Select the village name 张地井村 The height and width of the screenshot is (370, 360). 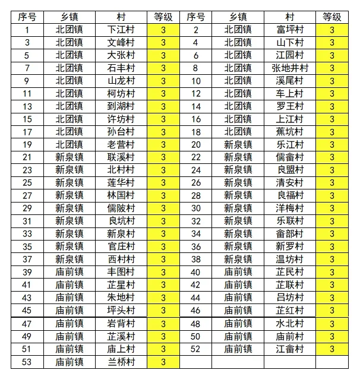290,68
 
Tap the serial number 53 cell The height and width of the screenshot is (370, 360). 27,362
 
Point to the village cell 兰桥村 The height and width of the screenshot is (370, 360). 121,362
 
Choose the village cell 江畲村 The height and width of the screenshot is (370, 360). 290,349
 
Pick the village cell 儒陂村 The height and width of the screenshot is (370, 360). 121,208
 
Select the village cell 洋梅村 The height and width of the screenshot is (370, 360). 290,208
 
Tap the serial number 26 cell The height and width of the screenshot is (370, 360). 196,183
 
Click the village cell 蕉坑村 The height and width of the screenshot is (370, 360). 290,132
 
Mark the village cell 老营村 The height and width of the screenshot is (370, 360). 121,144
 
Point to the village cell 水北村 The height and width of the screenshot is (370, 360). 290,324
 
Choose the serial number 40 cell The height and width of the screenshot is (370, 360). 196,272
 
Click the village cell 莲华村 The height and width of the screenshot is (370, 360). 121,183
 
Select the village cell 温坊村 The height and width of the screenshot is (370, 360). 290,259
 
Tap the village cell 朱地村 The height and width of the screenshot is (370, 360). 121,298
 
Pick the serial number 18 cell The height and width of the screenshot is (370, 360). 196,132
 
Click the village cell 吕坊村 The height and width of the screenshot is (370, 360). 290,298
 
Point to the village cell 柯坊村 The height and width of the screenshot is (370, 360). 121,93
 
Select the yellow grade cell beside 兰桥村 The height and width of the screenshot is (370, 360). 163,362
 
